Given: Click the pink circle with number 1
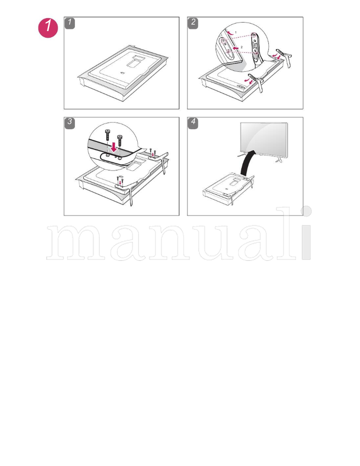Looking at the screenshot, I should point(48,28).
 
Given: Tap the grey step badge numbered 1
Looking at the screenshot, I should point(70,23).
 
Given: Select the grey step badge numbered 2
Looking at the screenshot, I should point(193,23).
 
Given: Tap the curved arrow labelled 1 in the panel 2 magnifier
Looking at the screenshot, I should point(229,33).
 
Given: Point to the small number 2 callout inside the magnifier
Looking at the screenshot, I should point(241,47).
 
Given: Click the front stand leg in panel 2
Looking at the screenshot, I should point(258,81).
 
